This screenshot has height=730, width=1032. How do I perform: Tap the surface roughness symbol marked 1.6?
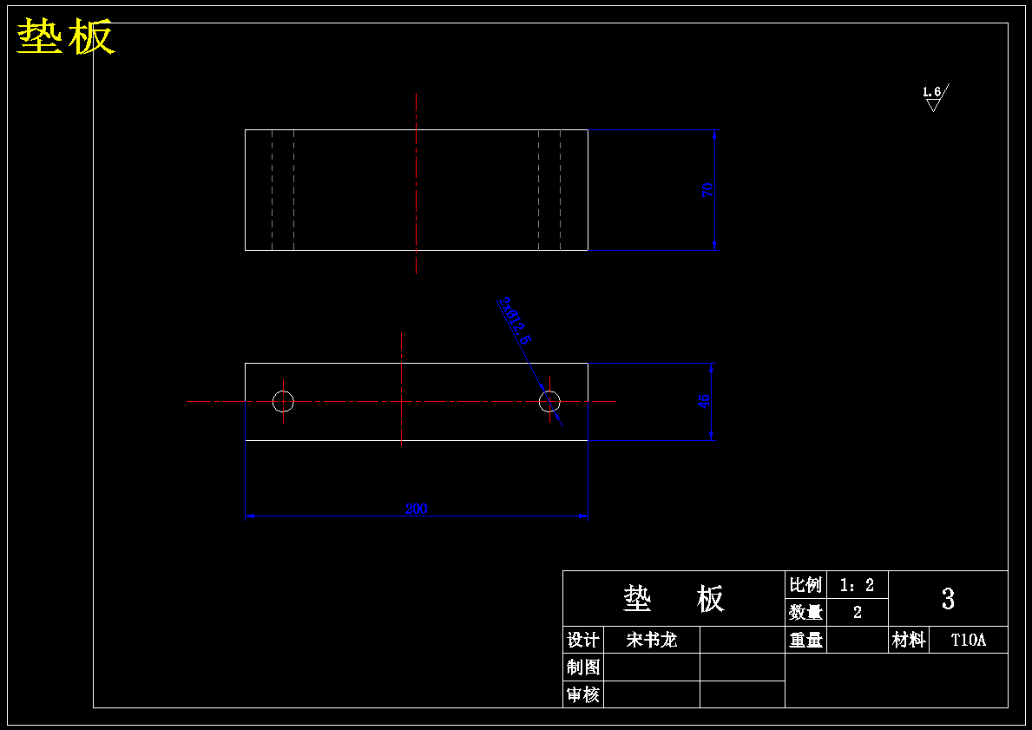point(934,96)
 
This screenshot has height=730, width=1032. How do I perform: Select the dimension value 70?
point(708,190)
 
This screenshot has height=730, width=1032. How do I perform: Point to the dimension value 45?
point(705,401)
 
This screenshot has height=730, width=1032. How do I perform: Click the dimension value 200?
point(417,509)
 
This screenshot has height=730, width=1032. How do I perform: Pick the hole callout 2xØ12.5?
point(514,320)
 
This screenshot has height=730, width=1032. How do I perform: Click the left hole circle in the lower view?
point(283,401)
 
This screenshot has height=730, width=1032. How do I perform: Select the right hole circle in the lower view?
point(549,401)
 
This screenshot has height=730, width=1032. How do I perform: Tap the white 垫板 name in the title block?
point(674,598)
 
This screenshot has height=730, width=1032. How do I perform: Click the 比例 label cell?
point(805,585)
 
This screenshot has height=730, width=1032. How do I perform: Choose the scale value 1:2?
point(857,585)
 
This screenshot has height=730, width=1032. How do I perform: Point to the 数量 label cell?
point(805,612)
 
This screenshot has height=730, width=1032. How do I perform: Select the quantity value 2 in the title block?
point(858,612)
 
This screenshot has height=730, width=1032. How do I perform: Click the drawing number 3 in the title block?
point(948,598)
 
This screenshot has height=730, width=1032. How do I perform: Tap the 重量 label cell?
point(805,640)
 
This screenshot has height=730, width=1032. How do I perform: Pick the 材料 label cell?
point(908,640)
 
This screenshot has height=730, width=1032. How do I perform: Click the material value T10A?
point(969,640)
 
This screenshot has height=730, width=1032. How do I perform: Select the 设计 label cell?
point(582,640)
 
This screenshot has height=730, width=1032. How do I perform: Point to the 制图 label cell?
point(582,667)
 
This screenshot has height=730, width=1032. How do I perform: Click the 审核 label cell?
point(582,694)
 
